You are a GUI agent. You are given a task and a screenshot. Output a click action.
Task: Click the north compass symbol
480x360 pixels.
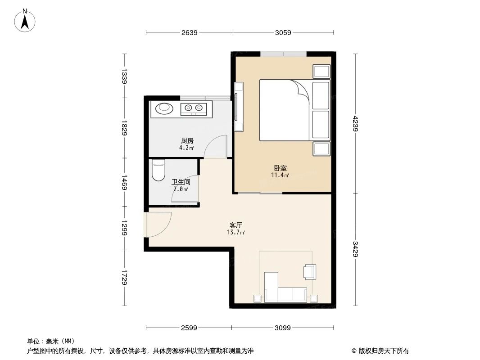[x=26, y=20]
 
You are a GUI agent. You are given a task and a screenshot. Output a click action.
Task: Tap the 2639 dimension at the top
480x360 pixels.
[x=190, y=32]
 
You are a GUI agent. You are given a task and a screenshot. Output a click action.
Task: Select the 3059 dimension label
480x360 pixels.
[x=283, y=32]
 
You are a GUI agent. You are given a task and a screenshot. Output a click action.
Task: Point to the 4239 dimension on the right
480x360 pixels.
[x=355, y=124]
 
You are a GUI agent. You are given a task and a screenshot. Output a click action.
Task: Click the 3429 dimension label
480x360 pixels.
[x=355, y=250]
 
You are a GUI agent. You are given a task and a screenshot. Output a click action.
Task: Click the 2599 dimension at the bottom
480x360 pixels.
[x=189, y=328]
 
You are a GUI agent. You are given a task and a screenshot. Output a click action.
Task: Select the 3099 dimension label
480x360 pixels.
[x=282, y=328]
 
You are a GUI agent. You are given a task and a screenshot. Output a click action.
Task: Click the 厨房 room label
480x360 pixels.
[x=187, y=141]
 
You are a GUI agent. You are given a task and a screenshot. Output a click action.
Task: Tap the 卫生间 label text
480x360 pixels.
[x=181, y=183]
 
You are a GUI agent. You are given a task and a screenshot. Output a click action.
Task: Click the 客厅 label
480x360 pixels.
[x=236, y=225]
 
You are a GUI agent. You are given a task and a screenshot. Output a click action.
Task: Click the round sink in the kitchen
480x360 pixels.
[x=163, y=108]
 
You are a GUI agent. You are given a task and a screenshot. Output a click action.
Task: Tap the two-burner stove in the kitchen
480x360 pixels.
[x=194, y=108]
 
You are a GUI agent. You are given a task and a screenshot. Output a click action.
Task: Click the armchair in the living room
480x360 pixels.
[x=310, y=271]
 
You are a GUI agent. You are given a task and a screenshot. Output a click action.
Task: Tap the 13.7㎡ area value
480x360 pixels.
[x=236, y=233]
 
